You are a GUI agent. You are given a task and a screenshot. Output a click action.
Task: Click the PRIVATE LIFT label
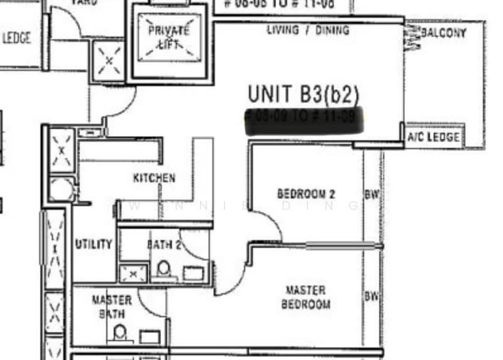pos(168,37)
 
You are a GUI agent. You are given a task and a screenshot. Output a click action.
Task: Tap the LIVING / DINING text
pos(308,30)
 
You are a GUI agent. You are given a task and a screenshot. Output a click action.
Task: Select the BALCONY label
pos(443,33)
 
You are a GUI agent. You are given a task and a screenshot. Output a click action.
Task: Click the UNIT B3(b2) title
pos(303,94)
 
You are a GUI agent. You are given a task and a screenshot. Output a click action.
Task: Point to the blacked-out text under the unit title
pos(304,118)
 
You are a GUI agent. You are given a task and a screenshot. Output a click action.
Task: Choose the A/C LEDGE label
pos(434,137)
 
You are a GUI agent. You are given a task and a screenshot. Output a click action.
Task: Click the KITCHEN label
pos(154,178)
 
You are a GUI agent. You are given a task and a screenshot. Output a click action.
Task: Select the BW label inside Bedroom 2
pos(372,194)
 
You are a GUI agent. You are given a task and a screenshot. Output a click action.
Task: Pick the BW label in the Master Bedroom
pos(372,296)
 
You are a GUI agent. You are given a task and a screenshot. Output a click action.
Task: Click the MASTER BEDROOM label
pos(306,297)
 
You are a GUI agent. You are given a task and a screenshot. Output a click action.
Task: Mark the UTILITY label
pos(94,244)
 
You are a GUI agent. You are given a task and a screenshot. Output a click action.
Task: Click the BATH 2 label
pos(164,244)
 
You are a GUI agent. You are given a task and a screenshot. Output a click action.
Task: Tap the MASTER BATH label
pos(112,307)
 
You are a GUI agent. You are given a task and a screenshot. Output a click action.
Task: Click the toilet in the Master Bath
pos(120,333)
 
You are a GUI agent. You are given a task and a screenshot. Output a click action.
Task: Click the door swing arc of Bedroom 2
pos(267,223)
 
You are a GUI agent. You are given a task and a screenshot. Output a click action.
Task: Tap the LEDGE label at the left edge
pos(16,38)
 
